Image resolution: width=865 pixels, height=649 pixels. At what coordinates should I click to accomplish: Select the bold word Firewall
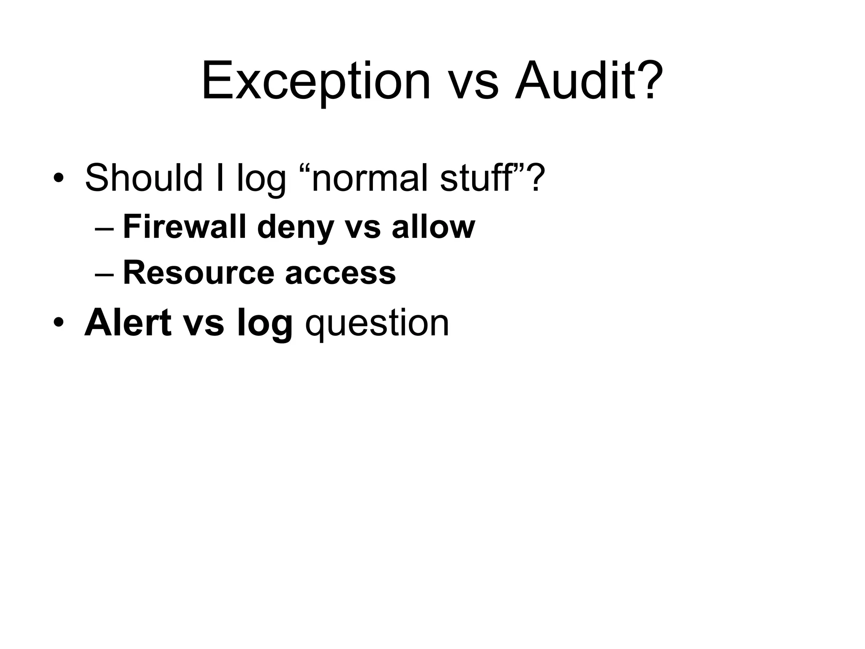click(x=184, y=227)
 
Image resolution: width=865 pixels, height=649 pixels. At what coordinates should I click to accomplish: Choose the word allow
click(x=433, y=227)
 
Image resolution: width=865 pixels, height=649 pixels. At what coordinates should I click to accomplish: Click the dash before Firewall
click(x=104, y=229)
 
